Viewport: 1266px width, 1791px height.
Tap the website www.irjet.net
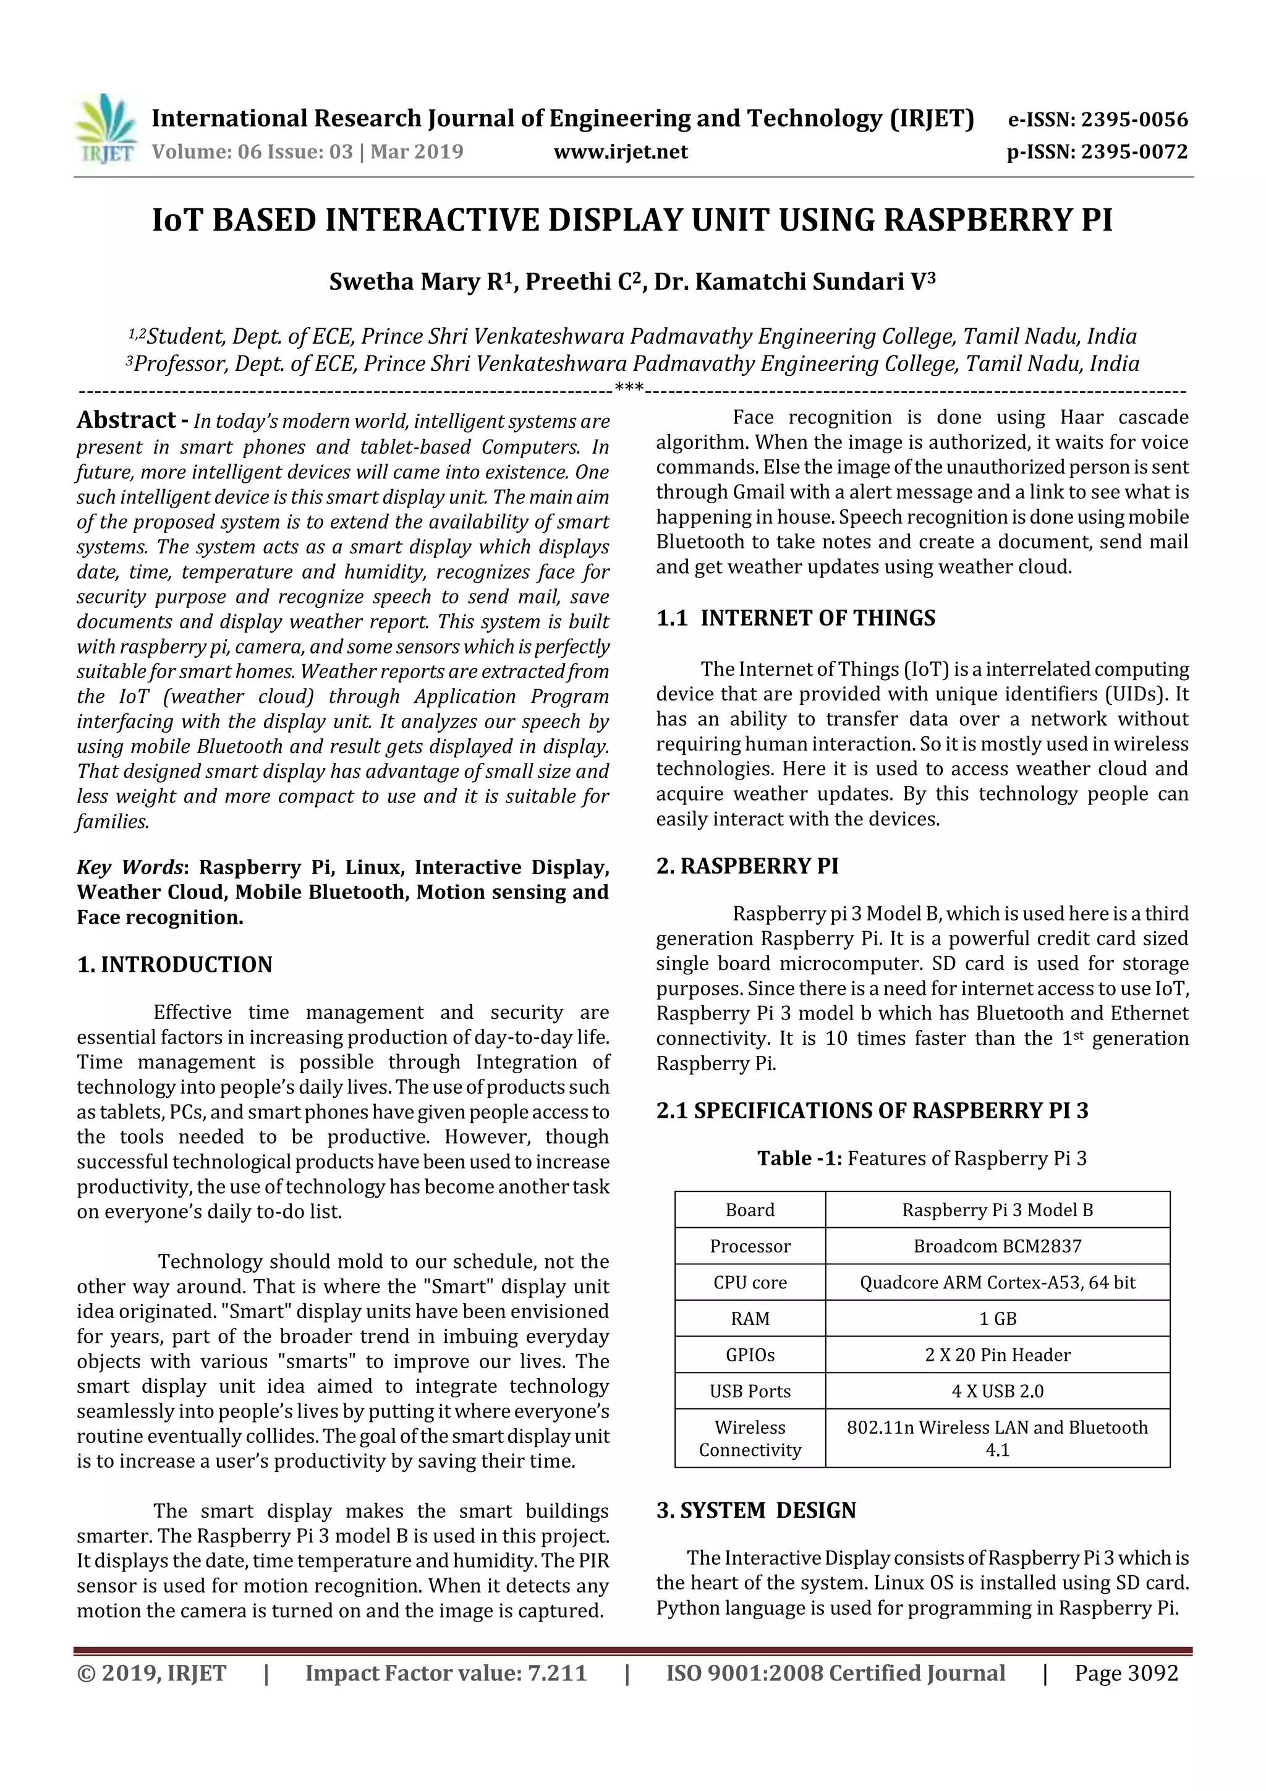620,152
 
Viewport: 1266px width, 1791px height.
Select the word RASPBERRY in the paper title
978,221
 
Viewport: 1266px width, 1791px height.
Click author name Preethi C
582,281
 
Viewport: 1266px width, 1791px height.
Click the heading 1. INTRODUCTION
175,965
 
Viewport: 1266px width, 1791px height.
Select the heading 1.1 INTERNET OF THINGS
796,619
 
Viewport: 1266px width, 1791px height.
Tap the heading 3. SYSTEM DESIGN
756,1511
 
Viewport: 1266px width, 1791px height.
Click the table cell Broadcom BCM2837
997,1246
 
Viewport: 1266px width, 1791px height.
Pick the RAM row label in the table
750,1319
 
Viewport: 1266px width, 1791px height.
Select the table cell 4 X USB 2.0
997,1392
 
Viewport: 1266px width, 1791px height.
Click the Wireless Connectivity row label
750,1439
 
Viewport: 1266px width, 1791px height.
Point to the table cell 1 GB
997,1319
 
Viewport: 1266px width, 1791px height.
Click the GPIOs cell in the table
750,1355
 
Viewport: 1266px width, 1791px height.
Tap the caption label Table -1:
799,1159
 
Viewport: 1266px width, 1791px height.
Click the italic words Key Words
130,867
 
